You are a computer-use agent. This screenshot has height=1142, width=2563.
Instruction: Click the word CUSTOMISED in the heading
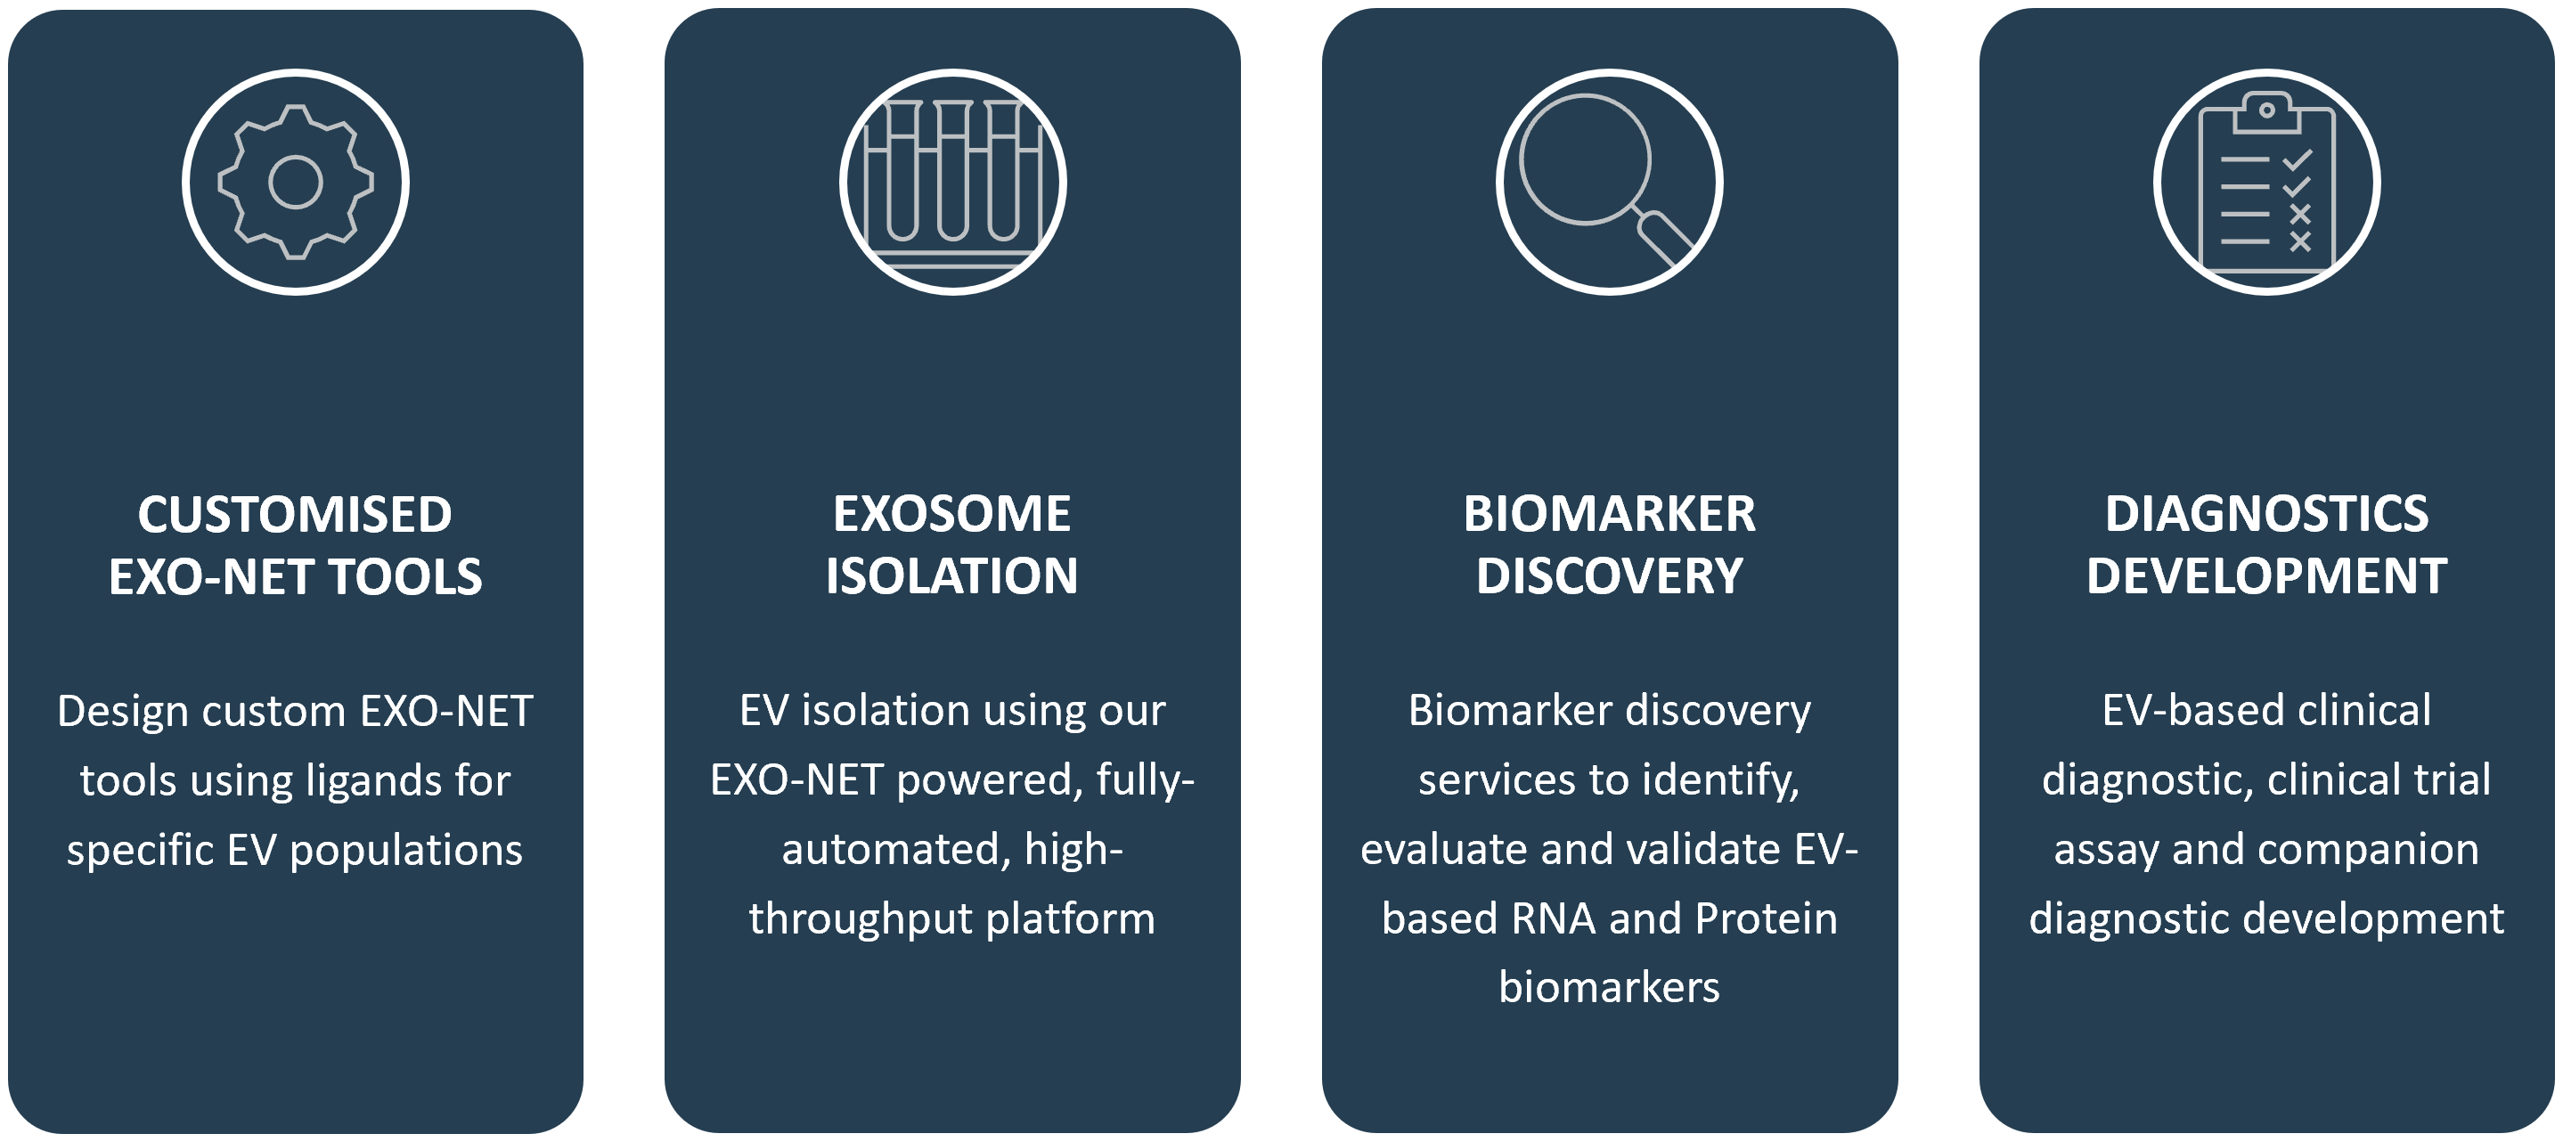coord(295,514)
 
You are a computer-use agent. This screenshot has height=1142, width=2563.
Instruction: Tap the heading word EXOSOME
coord(952,514)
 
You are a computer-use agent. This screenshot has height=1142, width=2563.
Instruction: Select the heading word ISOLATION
coord(952,577)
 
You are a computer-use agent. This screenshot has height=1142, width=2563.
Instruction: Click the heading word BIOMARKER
coord(1610,514)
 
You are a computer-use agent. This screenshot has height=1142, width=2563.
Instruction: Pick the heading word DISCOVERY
coord(1610,577)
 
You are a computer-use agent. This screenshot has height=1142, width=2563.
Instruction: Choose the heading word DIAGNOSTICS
coord(2266,514)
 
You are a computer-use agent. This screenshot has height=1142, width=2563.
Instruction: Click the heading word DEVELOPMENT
coord(2266,577)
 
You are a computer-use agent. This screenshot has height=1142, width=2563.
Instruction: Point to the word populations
coord(406,851)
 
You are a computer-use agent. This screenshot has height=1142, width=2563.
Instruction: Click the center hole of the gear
coord(296,182)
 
